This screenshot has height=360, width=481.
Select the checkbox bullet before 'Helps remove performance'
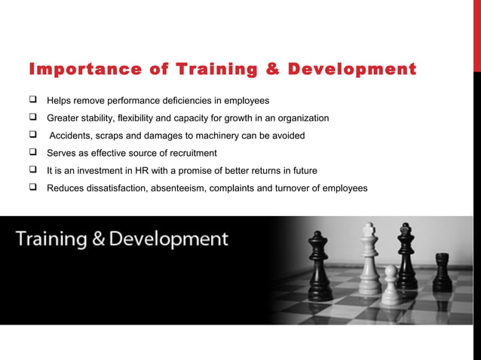[35, 100]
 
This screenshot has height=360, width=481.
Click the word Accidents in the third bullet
[74, 136]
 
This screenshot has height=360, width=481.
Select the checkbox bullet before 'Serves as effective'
[35, 152]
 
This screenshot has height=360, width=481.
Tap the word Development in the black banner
[169, 240]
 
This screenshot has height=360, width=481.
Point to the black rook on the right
[442, 273]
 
